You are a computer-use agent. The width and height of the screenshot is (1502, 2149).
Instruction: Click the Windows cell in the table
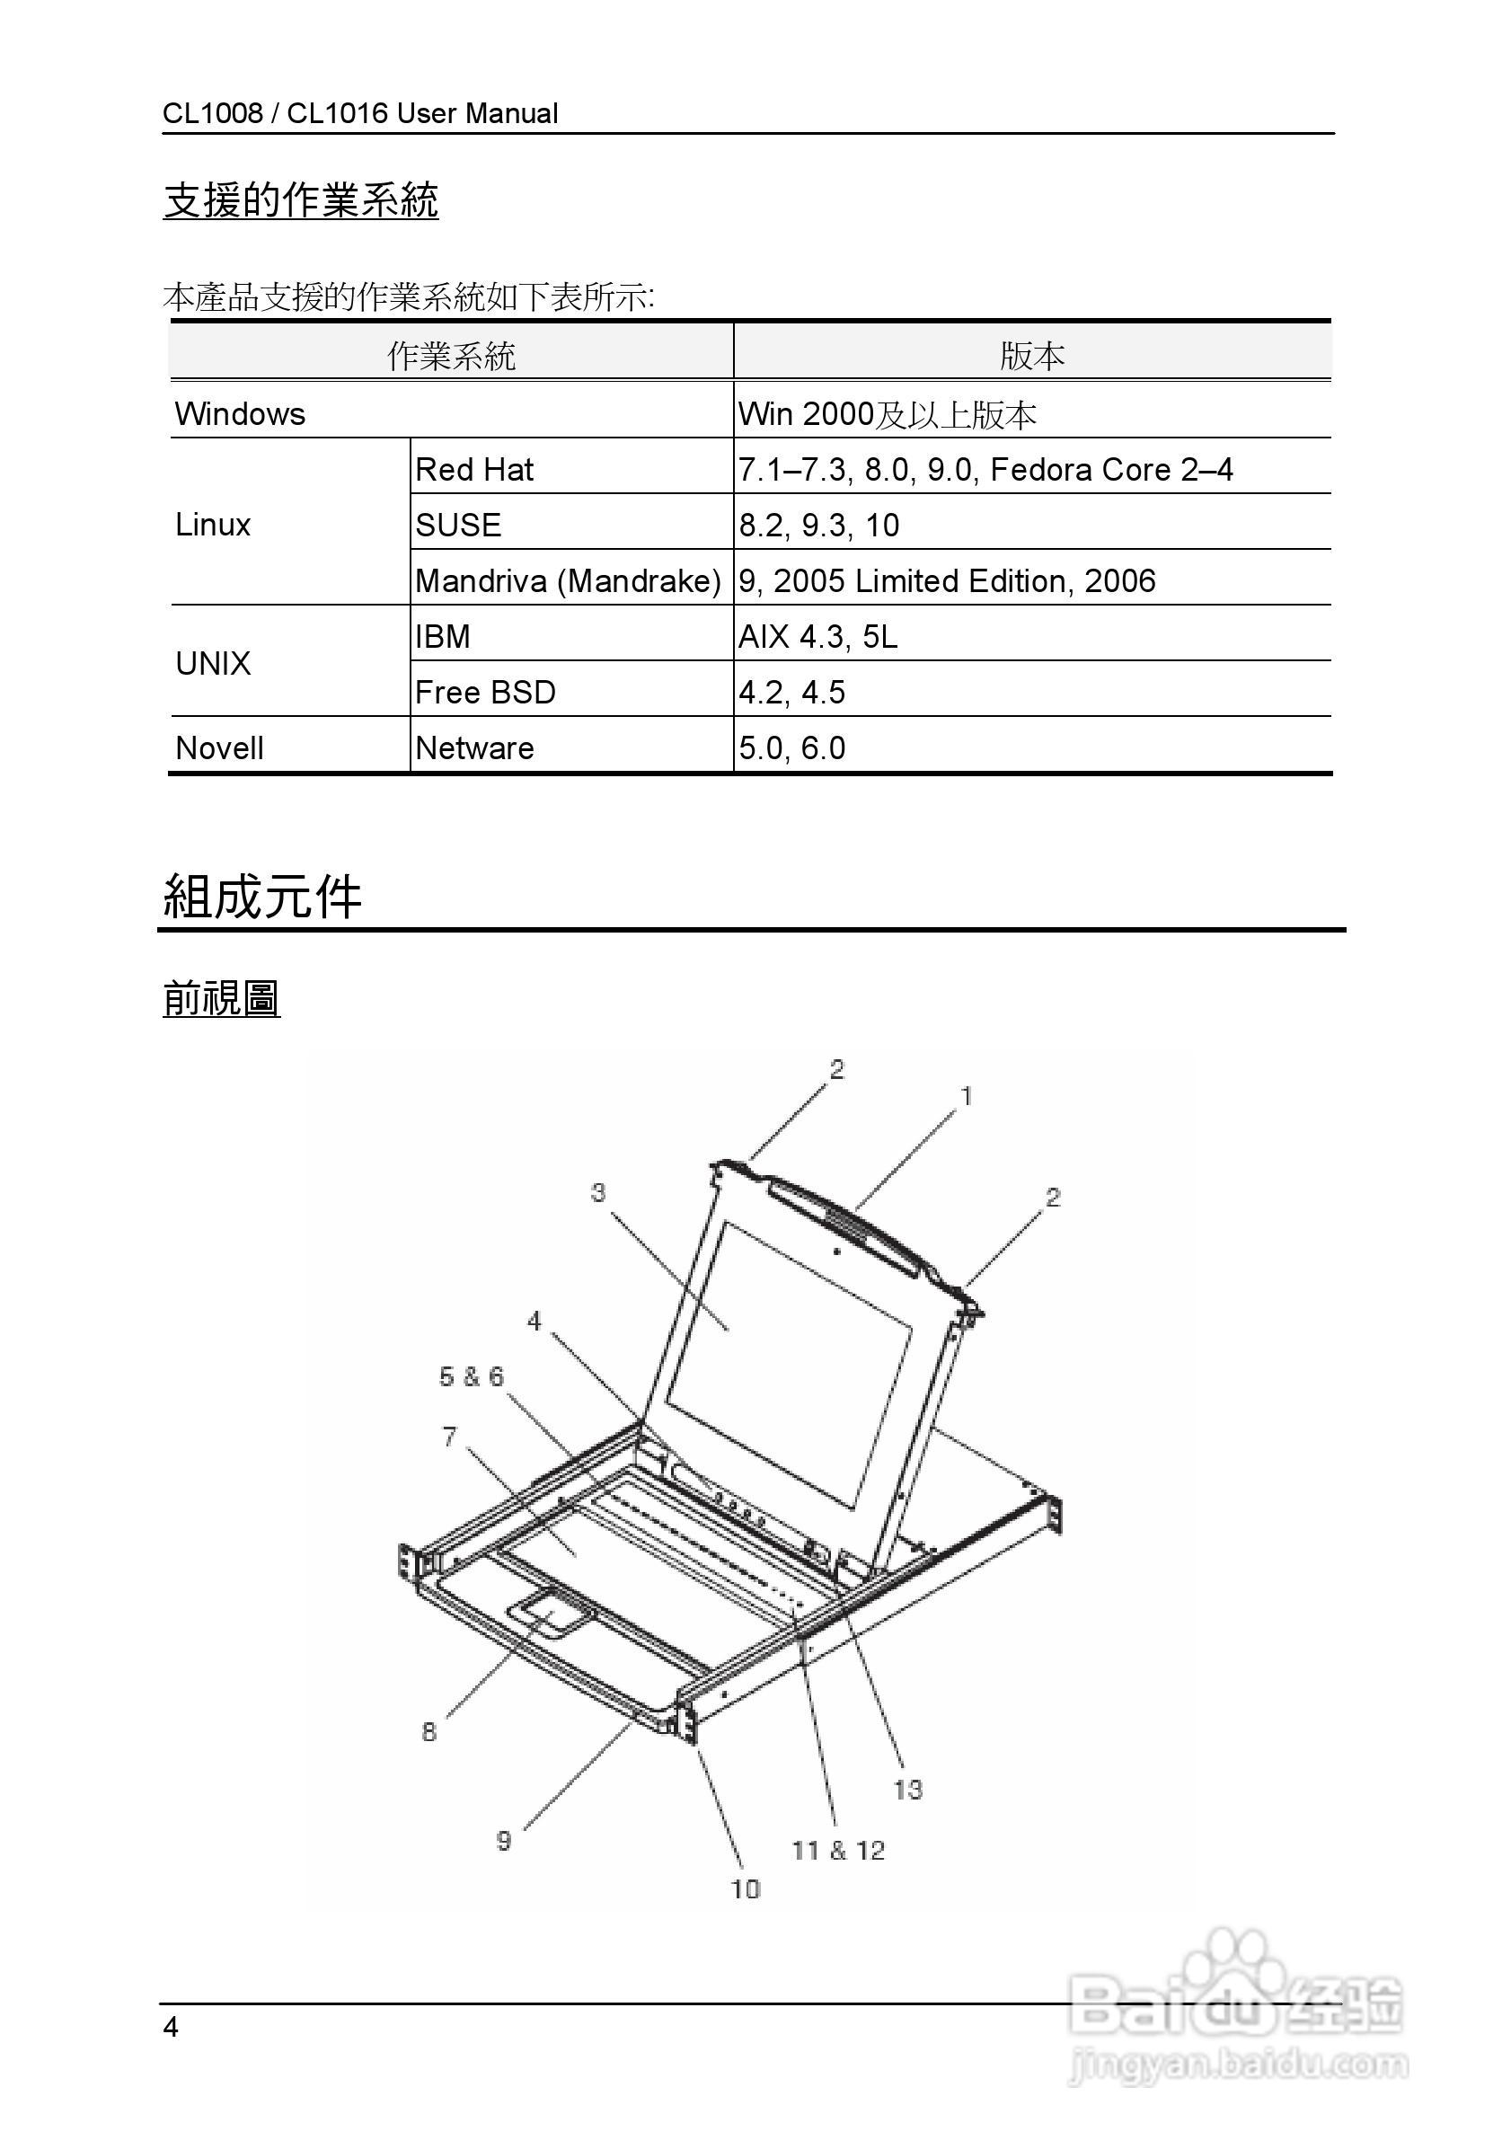[241, 413]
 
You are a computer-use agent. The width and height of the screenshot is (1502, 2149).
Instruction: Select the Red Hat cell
[474, 469]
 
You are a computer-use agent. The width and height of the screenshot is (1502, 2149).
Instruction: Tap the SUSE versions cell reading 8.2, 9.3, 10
[819, 525]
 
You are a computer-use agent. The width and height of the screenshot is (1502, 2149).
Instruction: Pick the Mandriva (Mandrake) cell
[568, 581]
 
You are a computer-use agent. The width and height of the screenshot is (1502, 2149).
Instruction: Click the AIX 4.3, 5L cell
[817, 636]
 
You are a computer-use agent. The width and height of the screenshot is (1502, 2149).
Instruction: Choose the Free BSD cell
[485, 693]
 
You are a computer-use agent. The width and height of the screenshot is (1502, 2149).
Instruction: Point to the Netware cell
[474, 747]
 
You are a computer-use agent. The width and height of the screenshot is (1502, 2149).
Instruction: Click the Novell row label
[220, 747]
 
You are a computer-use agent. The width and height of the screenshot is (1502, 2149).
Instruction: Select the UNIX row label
[214, 664]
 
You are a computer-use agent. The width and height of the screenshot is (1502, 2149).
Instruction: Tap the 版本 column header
[1032, 356]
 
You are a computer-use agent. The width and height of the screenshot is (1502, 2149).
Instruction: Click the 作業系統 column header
[451, 356]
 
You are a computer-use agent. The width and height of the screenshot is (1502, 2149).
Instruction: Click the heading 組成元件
[262, 897]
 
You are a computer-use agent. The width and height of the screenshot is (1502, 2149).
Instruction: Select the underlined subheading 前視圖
[222, 998]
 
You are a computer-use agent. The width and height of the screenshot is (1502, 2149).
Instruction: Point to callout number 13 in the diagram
[907, 1790]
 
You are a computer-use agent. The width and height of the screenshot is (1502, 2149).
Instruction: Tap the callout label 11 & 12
[838, 1850]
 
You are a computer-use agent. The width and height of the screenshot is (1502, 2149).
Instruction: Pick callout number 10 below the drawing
[746, 1888]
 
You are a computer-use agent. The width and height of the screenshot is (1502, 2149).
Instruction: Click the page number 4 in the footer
[171, 2028]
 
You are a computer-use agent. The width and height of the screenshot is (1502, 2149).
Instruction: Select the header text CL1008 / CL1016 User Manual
[360, 113]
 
